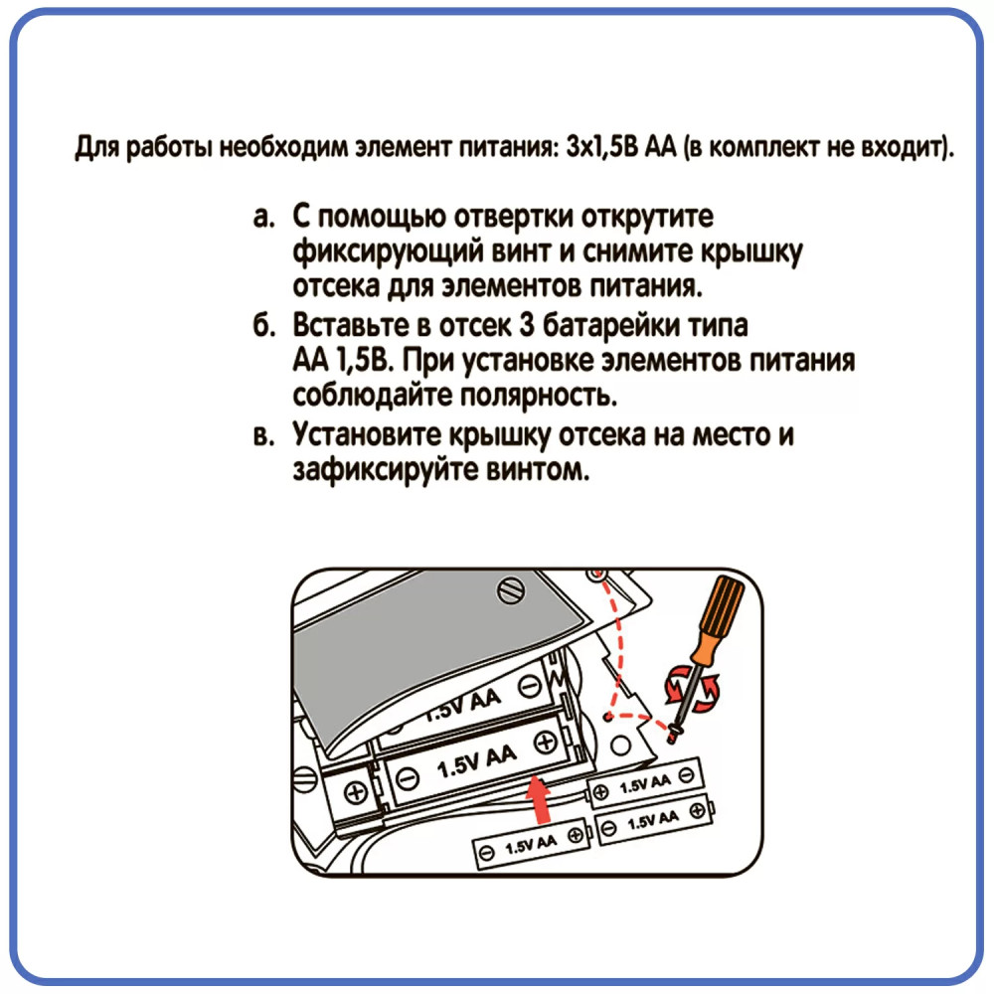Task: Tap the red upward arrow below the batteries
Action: [x=538, y=800]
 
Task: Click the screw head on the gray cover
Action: [x=510, y=590]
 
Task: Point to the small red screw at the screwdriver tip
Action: [x=674, y=735]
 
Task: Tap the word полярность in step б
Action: [x=538, y=398]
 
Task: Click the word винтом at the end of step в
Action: [x=538, y=471]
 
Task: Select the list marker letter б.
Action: [x=263, y=325]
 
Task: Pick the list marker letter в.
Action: [x=263, y=436]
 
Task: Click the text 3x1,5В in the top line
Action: [x=602, y=147]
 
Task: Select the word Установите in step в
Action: [x=367, y=435]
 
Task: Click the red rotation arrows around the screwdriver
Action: [x=692, y=690]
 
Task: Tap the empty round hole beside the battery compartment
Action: [x=621, y=745]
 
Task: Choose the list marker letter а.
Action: [x=263, y=218]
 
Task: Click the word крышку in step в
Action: [x=499, y=436]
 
